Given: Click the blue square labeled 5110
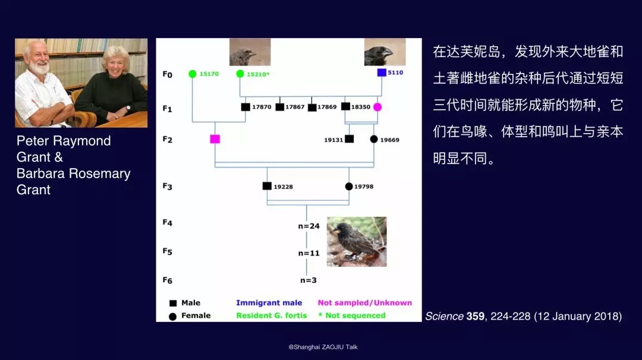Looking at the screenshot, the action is (382, 72).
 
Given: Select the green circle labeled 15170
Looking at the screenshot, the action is (193, 74).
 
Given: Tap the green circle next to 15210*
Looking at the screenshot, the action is (240, 74).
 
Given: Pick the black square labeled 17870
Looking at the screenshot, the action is (246, 107).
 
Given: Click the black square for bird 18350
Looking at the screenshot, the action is (345, 106).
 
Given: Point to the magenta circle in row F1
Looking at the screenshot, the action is (377, 107).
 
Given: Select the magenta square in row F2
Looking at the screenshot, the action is (215, 139).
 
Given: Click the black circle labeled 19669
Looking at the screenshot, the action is (374, 139).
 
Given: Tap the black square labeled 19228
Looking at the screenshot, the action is (267, 186).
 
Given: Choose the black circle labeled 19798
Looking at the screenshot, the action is (349, 187).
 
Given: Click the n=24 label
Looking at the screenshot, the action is (309, 226).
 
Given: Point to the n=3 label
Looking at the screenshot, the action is (309, 280).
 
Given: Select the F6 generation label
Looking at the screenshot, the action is (168, 280).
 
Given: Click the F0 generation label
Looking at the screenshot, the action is (168, 74).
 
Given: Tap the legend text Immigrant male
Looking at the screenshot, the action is (269, 303).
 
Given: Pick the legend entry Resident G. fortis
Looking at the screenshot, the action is (272, 315).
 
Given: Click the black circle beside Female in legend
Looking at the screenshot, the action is (173, 317).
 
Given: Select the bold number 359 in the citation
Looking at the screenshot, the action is (476, 316).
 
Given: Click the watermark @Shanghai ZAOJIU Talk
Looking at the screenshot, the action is (323, 347).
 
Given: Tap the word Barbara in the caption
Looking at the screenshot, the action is (40, 173).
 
